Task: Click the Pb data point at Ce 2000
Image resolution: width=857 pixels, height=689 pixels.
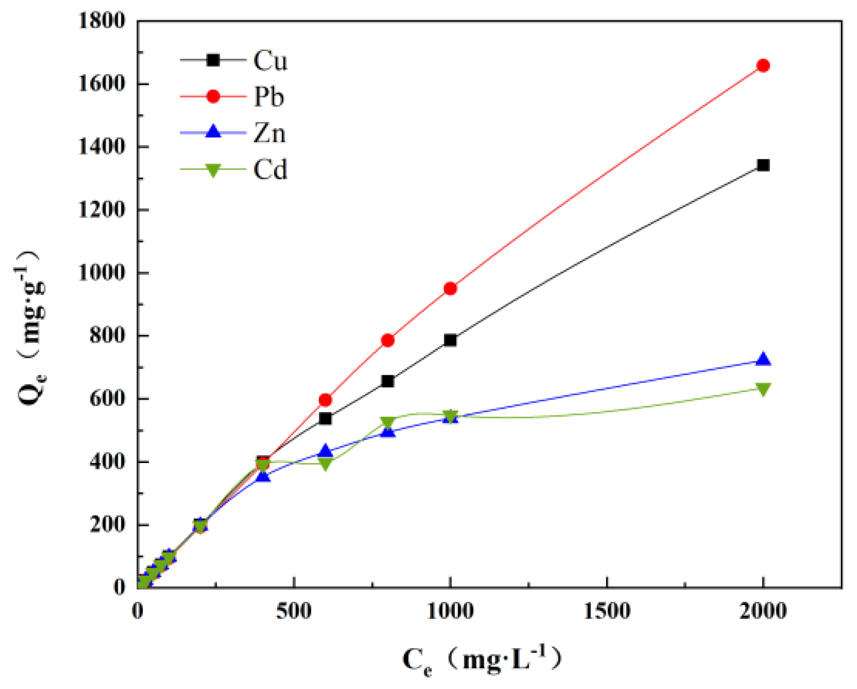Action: tap(763, 66)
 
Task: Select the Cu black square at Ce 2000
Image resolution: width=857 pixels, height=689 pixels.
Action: tap(763, 165)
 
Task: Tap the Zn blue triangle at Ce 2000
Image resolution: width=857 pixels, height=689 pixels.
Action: tap(763, 360)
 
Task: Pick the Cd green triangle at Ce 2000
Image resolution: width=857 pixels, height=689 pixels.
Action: tap(763, 389)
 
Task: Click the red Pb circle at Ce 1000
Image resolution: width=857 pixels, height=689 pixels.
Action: tap(450, 289)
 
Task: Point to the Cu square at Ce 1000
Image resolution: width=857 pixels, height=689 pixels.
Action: tap(450, 340)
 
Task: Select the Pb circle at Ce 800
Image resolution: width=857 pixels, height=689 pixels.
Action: tap(387, 340)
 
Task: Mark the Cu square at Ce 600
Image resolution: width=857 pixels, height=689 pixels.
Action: tap(325, 418)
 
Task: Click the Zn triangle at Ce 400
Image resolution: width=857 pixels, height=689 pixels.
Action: tap(263, 476)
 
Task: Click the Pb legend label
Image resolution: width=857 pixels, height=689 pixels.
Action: tap(269, 97)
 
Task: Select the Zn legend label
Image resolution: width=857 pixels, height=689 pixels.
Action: tap(269, 133)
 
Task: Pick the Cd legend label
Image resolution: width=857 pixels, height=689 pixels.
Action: tap(270, 170)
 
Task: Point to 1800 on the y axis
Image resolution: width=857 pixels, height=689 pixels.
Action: tap(102, 21)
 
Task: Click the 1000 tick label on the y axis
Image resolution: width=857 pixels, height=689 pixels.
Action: tap(102, 273)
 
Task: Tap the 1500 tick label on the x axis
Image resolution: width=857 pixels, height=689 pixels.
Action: tap(607, 611)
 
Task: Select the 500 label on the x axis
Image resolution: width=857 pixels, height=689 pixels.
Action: tap(294, 611)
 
